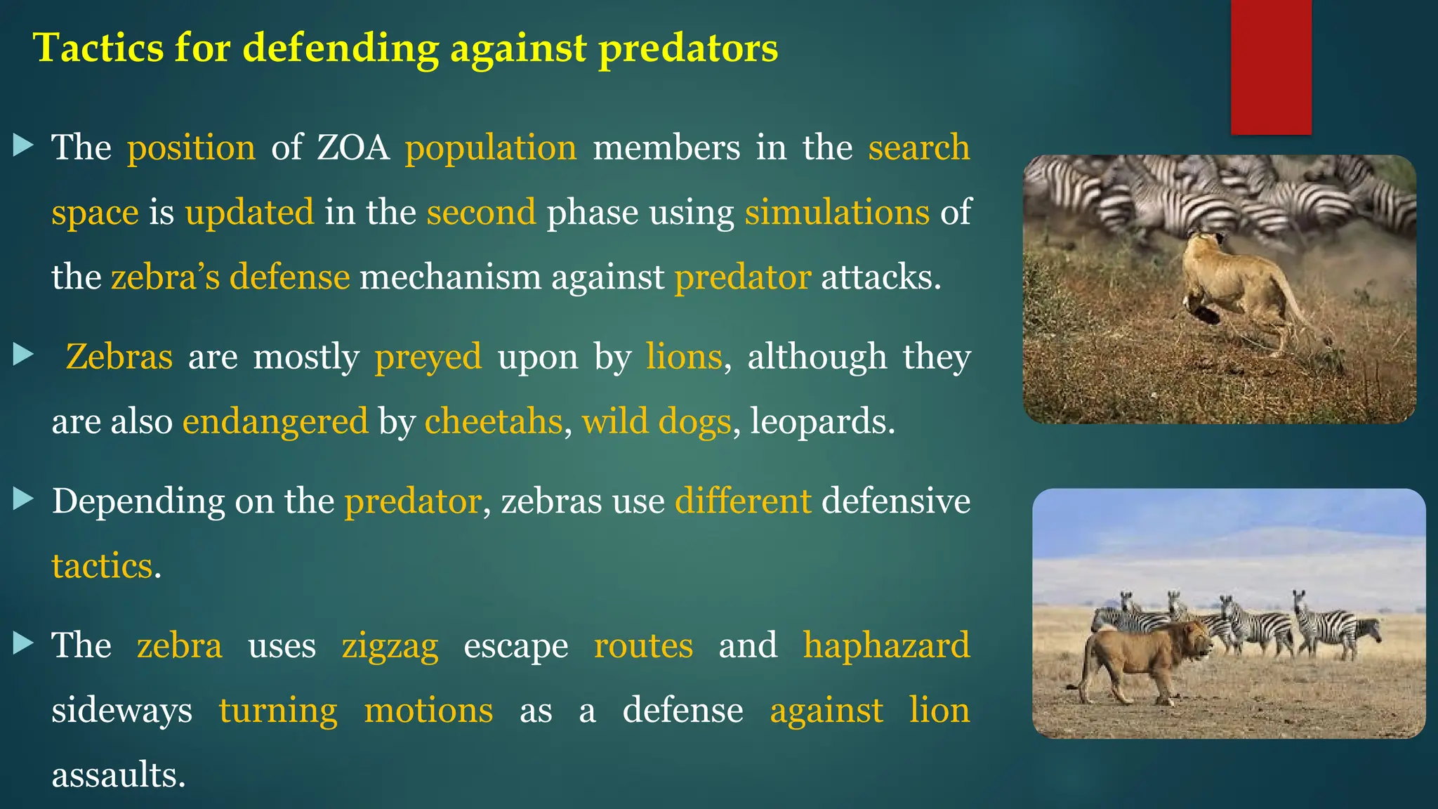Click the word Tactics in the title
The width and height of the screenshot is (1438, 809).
tap(98, 48)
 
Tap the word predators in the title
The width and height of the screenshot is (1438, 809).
tap(688, 48)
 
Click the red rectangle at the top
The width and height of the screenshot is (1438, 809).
tap(1271, 67)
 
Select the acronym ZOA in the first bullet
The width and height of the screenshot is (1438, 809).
tap(352, 148)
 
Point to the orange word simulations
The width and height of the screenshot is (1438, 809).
tap(837, 213)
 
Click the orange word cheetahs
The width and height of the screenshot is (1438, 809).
tap(493, 422)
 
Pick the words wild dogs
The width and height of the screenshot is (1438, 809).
tap(657, 422)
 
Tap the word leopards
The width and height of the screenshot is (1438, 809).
tap(822, 422)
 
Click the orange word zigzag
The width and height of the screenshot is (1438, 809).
tap(390, 646)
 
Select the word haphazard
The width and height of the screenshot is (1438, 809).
tap(886, 646)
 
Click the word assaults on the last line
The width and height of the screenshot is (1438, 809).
tap(119, 775)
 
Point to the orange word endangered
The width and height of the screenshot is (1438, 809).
tap(275, 422)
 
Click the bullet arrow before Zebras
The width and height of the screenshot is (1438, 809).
tap(23, 355)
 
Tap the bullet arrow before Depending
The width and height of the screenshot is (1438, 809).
tap(23, 499)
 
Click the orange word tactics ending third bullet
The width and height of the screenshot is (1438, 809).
tap(102, 566)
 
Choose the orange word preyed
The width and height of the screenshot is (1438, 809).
tap(428, 357)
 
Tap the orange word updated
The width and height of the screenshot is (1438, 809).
tap(249, 213)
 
